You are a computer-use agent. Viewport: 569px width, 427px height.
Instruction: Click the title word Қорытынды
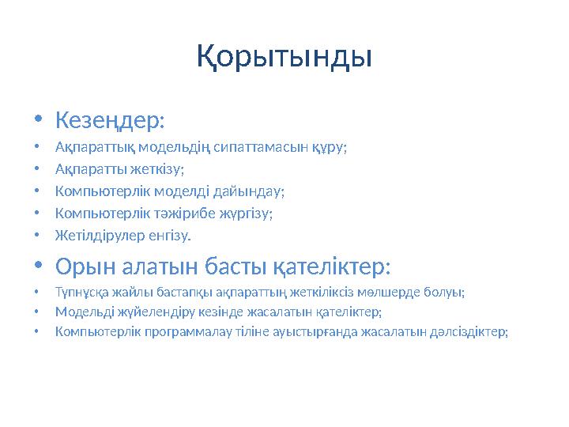click(x=284, y=57)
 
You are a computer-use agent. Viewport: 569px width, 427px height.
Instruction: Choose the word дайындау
click(x=253, y=191)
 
